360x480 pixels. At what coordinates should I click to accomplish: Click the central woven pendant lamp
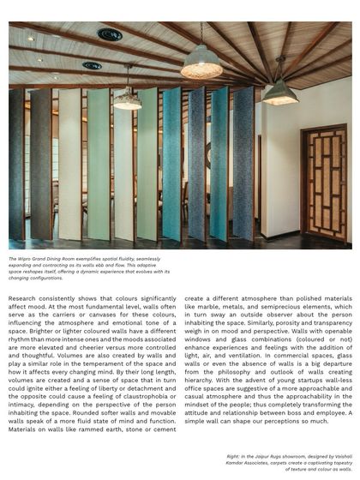[201, 62]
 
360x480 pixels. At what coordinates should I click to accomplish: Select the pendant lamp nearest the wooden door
[279, 93]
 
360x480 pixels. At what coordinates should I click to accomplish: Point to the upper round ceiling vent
[109, 35]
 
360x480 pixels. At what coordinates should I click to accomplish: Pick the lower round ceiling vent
[92, 65]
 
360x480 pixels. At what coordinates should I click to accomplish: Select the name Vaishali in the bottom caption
[340, 457]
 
